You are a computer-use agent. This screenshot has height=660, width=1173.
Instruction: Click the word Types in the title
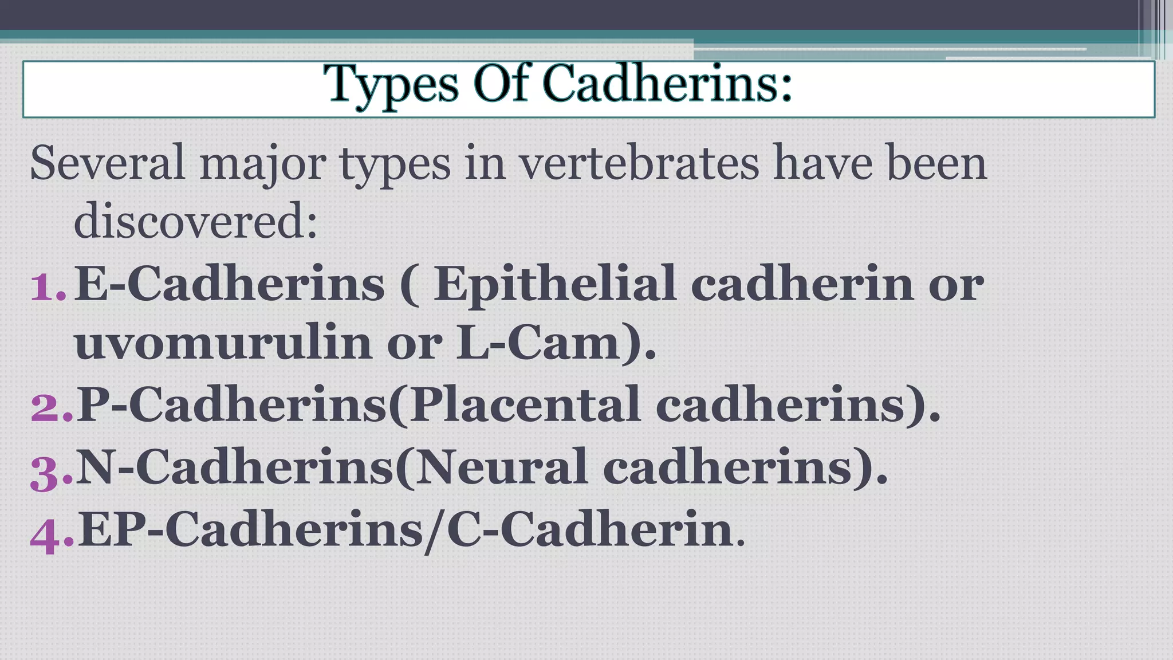[x=391, y=85]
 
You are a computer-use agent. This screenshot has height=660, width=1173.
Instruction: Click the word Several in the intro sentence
[x=107, y=163]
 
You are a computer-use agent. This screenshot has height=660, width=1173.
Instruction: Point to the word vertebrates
[x=639, y=163]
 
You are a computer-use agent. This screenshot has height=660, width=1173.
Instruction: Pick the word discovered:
[x=195, y=222]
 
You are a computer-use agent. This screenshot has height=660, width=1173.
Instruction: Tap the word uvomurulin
[x=223, y=344]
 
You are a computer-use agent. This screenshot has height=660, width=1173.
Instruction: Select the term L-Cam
[x=538, y=344]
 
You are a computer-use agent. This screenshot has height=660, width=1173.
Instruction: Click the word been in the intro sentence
[x=937, y=163]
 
